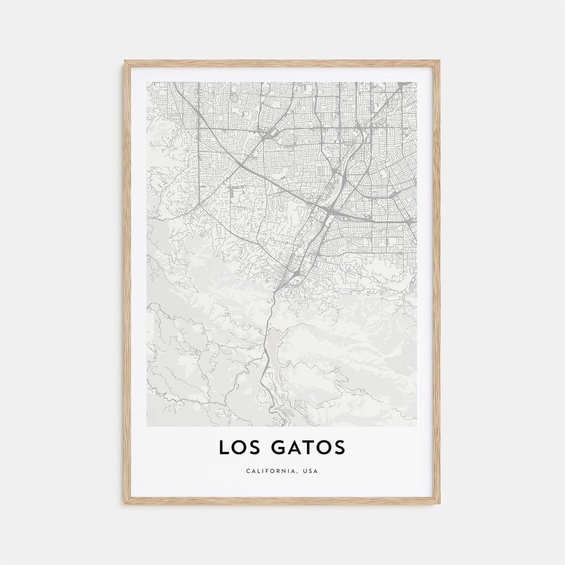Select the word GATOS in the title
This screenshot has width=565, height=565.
(x=309, y=448)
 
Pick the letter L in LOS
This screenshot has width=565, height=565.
(x=224, y=448)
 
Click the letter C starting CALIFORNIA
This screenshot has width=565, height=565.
(x=248, y=471)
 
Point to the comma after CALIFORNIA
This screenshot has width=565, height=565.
(x=298, y=473)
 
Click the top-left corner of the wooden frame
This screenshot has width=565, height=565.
(x=125, y=61)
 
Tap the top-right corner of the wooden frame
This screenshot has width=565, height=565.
(x=439, y=61)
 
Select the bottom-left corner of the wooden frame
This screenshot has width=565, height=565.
(x=125, y=504)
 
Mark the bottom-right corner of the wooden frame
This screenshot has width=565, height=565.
(x=439, y=504)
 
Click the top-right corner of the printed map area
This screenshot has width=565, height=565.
(x=417, y=82)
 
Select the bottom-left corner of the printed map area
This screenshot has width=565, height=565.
(x=147, y=426)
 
